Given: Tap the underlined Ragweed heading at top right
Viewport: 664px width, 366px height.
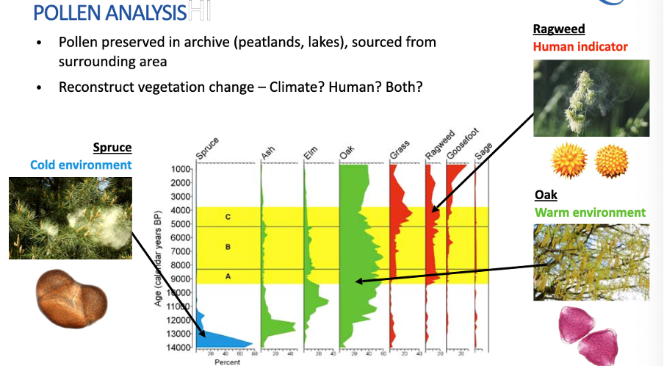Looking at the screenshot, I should (x=558, y=29).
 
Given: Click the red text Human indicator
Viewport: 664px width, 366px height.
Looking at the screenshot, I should (x=580, y=47).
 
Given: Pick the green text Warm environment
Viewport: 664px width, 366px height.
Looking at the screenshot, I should (x=591, y=213).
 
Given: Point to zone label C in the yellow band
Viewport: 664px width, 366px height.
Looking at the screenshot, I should (x=228, y=217).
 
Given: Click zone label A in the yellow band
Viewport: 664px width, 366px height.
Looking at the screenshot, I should (x=228, y=276).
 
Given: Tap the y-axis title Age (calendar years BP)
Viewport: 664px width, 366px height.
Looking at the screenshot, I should (x=159, y=257).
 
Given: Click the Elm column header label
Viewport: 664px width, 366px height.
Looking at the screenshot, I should (x=310, y=153).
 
